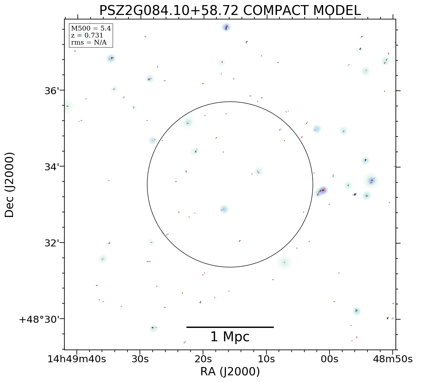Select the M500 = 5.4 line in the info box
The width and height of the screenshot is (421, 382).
91,29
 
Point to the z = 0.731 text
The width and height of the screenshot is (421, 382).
87,36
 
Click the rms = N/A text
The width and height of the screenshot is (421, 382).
89,43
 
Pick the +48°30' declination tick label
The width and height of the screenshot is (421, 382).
40,319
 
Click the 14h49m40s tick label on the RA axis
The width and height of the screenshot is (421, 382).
76,359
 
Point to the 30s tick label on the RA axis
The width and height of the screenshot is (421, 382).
140,359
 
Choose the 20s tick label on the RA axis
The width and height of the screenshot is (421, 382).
203,359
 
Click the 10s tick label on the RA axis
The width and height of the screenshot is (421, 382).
266,359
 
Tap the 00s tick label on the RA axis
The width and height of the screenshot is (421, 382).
329,359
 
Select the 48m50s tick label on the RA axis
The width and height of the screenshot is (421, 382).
393,359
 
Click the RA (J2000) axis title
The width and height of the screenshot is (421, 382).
230,372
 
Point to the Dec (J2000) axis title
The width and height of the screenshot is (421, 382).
10,185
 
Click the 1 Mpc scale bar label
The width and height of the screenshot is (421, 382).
230,337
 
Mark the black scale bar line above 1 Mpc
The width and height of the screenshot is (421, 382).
230,327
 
